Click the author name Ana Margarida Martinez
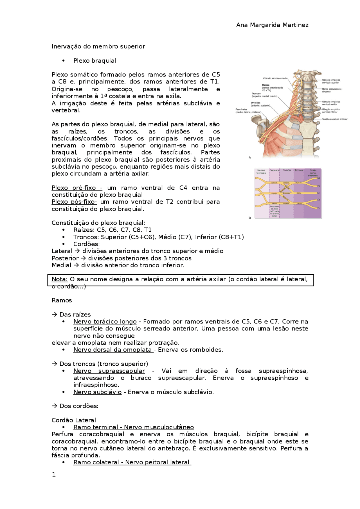[272, 25]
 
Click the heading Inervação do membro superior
[98, 46]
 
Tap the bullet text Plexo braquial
[94, 61]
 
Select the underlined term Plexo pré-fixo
[76, 188]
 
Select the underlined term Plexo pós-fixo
[74, 202]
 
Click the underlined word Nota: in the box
[60, 279]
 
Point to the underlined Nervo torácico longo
[105, 322]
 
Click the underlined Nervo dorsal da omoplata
[113, 350]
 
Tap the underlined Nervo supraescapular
[109, 371]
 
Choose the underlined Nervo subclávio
[97, 392]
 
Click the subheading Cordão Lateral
[74, 420]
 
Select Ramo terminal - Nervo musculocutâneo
[133, 427]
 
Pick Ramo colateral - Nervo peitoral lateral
[132, 462]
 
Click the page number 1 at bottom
[54, 475]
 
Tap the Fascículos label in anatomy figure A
[242, 109]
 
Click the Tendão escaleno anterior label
[335, 119]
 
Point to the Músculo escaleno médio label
[275, 78]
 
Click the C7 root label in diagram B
[319, 193]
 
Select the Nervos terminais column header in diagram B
[261, 171]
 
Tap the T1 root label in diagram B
[319, 208]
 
